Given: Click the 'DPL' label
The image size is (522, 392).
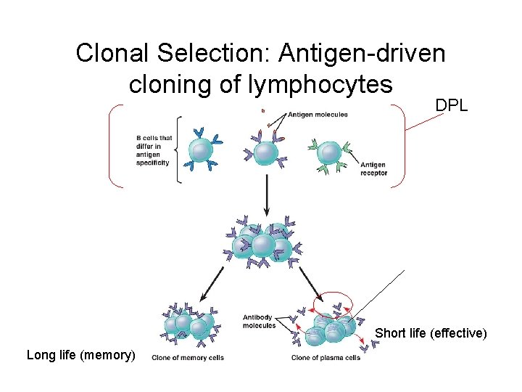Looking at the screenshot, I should pos(451,105).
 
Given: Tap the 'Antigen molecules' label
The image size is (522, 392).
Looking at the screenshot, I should pos(318,114).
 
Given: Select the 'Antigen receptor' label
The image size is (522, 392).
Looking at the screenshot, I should pos(373,168).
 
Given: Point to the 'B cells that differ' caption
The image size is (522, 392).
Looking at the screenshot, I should pos(153,150).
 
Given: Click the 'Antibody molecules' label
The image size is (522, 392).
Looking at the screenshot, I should pos(260,321).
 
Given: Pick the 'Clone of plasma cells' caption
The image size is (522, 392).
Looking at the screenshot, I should pos(326,357).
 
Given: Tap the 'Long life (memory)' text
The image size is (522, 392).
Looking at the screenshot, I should pos(80,355).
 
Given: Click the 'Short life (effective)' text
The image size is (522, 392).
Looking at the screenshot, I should pos(430,333).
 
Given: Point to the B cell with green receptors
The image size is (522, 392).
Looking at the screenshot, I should pos(331,153).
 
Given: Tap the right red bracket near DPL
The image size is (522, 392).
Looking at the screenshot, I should pos(400,146).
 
